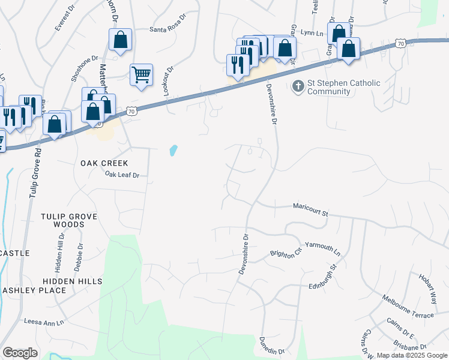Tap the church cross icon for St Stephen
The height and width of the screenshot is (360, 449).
(297, 86)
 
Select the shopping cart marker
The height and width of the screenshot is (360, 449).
(141, 75)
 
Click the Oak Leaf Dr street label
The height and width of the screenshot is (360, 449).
(122, 175)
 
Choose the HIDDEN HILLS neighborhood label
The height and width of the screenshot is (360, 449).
(73, 281)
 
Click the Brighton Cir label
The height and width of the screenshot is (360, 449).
(285, 254)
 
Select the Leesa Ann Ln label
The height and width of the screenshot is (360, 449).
(44, 322)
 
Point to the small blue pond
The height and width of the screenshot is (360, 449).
(173, 150)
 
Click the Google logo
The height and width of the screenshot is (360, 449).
(20, 353)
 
